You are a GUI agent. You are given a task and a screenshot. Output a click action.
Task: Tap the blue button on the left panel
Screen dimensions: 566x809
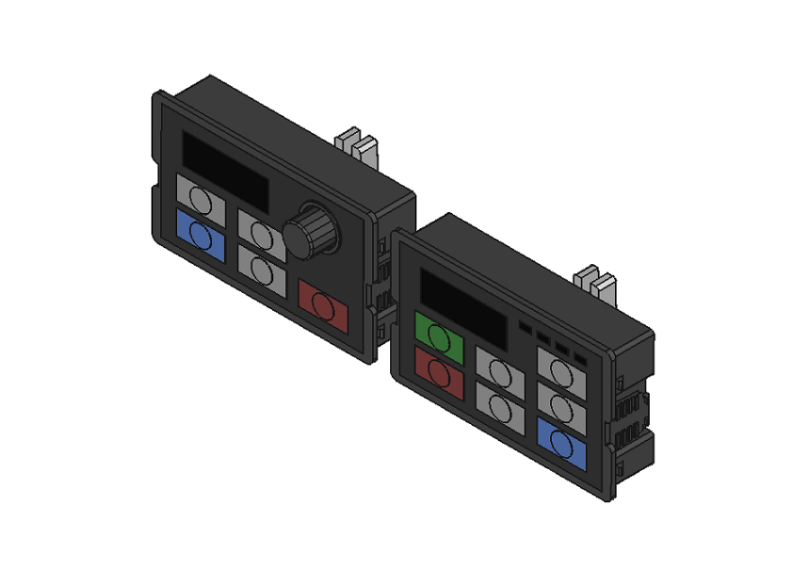(201, 236)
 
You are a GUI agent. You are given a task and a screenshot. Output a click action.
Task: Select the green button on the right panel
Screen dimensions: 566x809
(440, 337)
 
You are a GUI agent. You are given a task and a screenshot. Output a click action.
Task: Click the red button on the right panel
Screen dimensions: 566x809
(440, 373)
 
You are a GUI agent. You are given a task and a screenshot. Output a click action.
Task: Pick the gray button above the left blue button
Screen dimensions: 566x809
(201, 201)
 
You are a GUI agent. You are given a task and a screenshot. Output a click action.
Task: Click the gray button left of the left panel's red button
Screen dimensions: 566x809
(262, 268)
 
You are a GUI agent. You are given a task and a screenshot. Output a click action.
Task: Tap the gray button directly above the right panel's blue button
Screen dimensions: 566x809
(562, 405)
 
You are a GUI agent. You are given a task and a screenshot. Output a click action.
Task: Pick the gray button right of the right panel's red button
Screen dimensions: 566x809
(500, 406)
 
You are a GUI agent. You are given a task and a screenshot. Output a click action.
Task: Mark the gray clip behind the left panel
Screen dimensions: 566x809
(358, 145)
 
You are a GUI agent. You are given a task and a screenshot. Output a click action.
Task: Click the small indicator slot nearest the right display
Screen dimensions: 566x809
(526, 326)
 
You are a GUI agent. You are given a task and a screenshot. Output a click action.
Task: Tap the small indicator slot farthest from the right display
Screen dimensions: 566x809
(580, 358)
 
